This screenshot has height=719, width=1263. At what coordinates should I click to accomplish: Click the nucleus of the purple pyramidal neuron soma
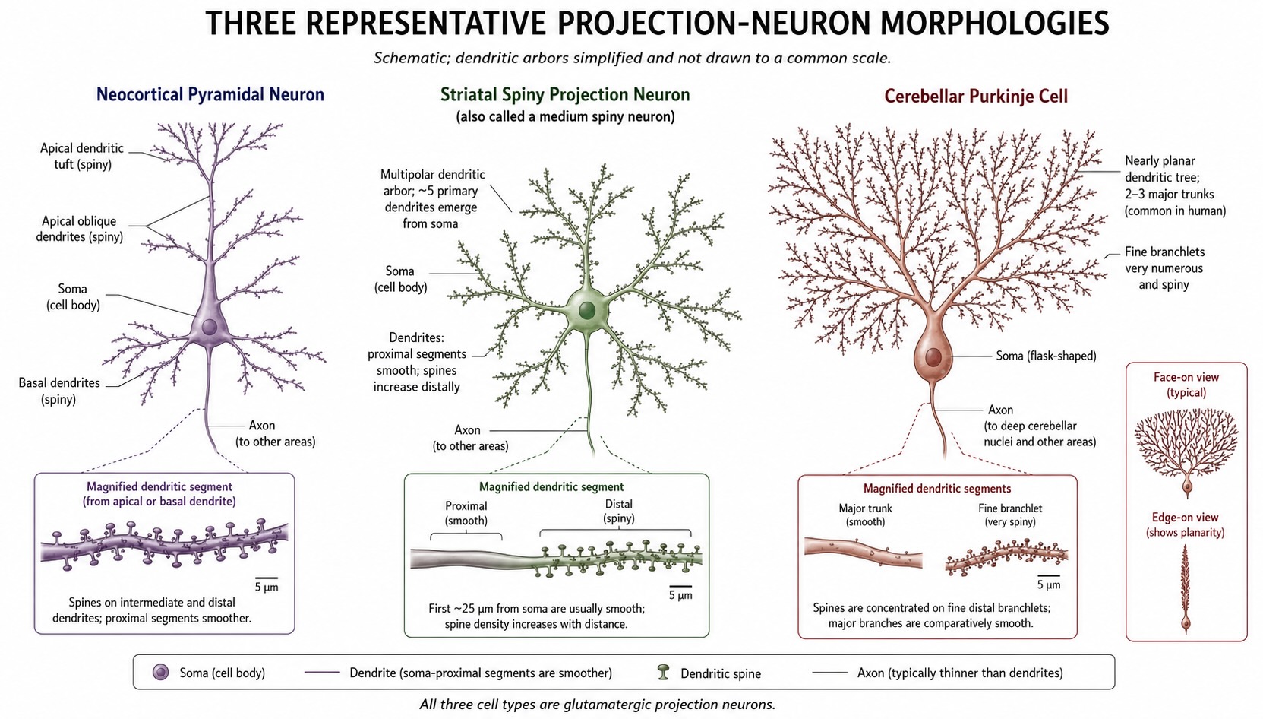click(209, 327)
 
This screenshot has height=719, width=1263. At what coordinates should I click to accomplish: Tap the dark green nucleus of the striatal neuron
click(587, 310)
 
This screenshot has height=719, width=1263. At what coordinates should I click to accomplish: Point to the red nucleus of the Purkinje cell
click(933, 356)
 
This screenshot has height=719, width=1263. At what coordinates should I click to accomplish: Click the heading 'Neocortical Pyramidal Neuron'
click(210, 94)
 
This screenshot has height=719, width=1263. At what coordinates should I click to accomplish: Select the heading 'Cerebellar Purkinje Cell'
click(975, 96)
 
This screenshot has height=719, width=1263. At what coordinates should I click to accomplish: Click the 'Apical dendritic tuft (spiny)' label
click(82, 157)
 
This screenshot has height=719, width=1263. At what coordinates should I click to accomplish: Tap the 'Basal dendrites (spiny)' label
click(59, 391)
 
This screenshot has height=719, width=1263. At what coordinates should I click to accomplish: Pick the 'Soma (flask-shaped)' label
click(1046, 356)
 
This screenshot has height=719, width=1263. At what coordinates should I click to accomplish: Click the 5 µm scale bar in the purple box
click(266, 578)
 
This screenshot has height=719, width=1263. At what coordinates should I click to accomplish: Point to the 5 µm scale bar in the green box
click(680, 587)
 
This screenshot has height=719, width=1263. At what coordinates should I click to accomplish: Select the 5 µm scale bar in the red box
click(1049, 576)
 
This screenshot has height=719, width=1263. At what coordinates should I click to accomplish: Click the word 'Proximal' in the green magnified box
click(466, 505)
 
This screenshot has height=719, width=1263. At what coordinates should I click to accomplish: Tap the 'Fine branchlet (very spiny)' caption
click(1010, 515)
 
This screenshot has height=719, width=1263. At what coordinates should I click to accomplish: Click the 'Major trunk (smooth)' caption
click(866, 515)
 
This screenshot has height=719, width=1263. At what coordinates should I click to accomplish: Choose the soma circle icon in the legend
click(161, 672)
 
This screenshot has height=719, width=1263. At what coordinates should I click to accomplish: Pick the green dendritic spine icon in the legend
click(664, 672)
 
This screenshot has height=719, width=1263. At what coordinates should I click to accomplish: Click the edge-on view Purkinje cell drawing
click(1186, 588)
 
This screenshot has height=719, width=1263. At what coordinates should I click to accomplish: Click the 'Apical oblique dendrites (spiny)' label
click(80, 229)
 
